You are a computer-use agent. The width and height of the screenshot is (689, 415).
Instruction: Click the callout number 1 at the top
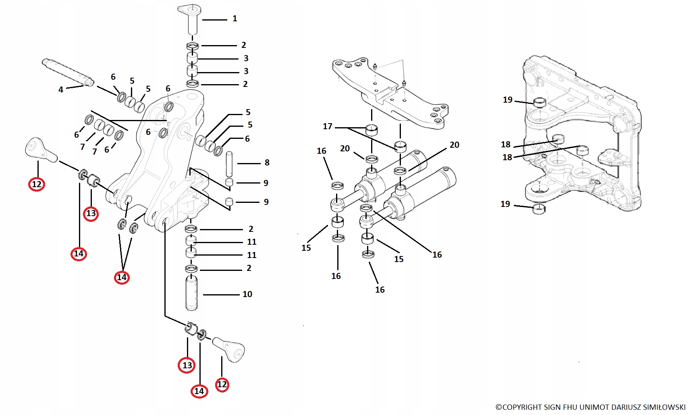tap(235, 19)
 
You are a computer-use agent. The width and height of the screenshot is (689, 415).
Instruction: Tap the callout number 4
tap(61, 89)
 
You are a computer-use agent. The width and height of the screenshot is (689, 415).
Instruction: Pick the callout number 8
tap(267, 163)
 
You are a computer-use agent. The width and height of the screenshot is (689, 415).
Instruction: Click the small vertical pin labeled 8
tap(229, 163)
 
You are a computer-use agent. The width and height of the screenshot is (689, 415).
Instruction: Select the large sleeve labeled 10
tap(191, 293)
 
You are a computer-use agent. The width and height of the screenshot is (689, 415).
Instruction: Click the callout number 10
tap(247, 294)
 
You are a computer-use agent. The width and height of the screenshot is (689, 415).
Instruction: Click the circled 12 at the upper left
tap(37, 184)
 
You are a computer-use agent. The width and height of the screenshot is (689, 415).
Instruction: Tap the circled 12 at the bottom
tap(222, 384)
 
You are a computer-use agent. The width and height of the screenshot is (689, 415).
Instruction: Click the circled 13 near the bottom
tap(187, 365)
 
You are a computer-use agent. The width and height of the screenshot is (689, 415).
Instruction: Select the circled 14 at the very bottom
tap(199, 391)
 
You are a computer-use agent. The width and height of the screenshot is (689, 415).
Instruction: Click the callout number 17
tap(328, 126)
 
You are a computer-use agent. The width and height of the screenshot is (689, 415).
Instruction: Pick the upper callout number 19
tap(508, 100)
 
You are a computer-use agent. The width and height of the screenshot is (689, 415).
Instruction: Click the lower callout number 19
tap(505, 204)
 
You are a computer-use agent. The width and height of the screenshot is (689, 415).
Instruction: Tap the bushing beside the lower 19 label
tap(539, 209)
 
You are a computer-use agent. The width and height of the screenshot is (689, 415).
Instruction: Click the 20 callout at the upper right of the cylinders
tap(454, 145)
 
